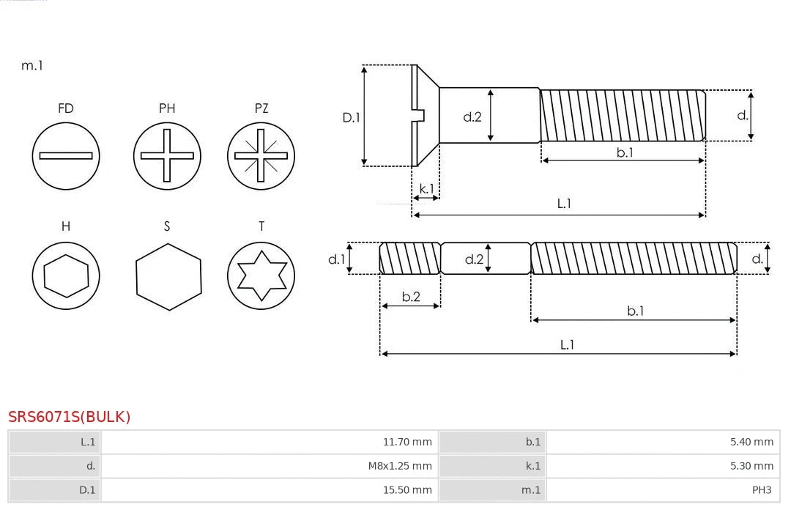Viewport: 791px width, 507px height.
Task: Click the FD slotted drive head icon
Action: click(x=66, y=155)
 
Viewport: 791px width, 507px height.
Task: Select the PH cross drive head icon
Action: click(x=167, y=155)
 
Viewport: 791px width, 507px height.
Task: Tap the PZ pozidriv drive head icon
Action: click(x=261, y=155)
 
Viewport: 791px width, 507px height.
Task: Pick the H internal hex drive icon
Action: click(x=66, y=275)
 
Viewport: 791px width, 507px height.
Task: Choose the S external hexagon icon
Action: click(x=168, y=275)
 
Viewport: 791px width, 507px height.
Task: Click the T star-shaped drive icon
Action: click(x=261, y=275)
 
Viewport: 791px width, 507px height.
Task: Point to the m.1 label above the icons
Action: click(x=32, y=65)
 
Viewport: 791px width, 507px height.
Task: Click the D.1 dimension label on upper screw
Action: click(x=352, y=116)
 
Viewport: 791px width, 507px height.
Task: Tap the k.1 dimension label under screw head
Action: click(x=426, y=188)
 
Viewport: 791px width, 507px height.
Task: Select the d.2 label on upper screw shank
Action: click(x=472, y=116)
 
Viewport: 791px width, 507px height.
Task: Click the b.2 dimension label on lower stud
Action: click(x=411, y=297)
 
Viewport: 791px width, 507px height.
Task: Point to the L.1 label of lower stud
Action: click(x=567, y=344)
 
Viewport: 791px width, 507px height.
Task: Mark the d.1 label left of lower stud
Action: click(x=336, y=259)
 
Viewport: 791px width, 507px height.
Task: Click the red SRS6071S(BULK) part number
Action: click(x=70, y=417)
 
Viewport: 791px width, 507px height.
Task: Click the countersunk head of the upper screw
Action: click(x=425, y=115)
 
